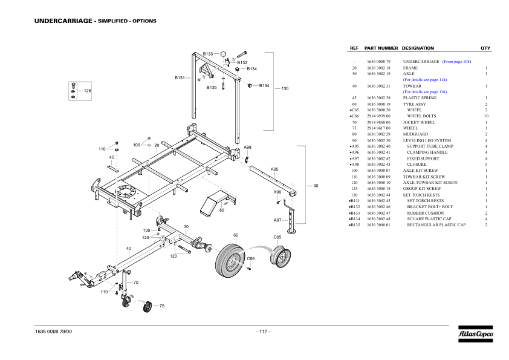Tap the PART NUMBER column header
[381, 48]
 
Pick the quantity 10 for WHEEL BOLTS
[485, 116]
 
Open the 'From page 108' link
[456, 62]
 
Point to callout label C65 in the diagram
[277, 238]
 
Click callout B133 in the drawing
[207, 54]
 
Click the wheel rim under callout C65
[280, 258]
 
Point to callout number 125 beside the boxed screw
[87, 91]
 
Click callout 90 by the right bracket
[315, 186]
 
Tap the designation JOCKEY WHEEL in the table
[419, 122]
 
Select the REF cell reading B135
[355, 224]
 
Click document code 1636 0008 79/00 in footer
[54, 332]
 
